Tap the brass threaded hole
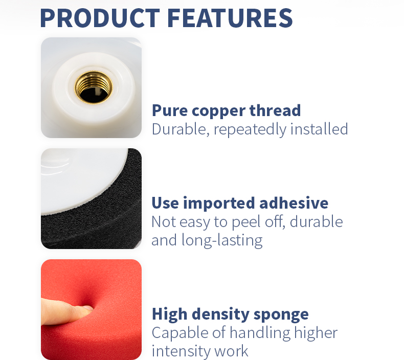(x=94, y=86)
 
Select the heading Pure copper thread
(x=226, y=110)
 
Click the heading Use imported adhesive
(x=240, y=203)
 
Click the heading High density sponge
(x=230, y=313)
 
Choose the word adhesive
(x=294, y=203)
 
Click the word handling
(x=260, y=333)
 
